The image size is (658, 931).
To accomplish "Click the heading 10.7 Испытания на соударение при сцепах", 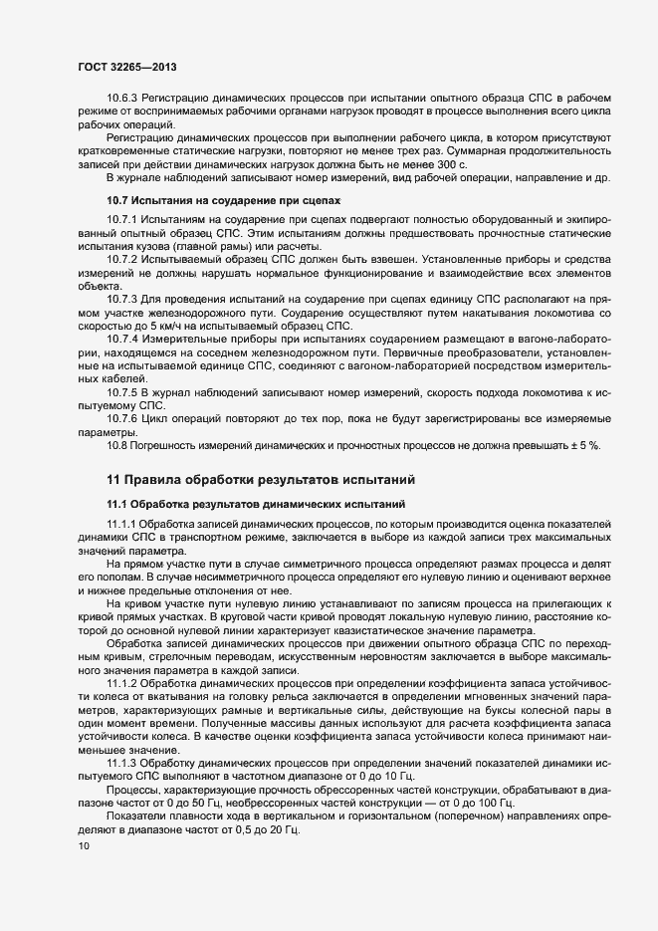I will pos(223,200).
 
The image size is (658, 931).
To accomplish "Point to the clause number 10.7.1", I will pos(123,220).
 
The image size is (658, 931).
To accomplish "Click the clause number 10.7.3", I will pos(123,299).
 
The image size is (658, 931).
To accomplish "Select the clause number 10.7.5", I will pos(123,393).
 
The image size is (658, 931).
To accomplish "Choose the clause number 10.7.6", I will pos(123,419).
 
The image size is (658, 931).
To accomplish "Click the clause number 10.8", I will pos(117,445).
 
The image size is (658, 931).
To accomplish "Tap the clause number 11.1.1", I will pos(123,524).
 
